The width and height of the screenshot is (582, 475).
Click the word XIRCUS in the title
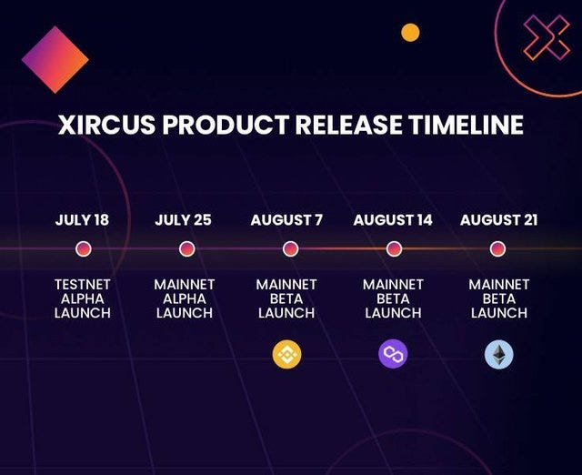coord(106,124)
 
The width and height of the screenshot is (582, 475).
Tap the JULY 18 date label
coord(82,220)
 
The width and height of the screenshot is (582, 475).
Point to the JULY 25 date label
coord(183,220)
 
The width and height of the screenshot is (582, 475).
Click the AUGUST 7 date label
coord(286,220)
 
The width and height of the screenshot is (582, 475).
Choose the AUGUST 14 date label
coord(393,220)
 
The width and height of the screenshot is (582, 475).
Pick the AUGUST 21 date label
coord(499,220)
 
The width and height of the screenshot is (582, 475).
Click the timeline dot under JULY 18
coord(83,248)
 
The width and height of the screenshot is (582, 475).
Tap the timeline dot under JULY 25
coord(186,248)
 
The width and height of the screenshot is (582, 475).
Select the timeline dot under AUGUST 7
coord(290,248)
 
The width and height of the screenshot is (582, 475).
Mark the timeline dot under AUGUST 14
coord(394,248)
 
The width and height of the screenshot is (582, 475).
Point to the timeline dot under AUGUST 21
coord(497,248)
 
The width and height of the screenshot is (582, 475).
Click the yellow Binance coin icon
coord(287,354)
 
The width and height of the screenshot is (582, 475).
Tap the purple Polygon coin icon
coord(393,354)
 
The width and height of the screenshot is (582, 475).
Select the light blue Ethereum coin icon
coord(499,354)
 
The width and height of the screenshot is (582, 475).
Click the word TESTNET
coord(83,285)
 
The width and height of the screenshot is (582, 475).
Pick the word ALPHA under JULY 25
coord(185,299)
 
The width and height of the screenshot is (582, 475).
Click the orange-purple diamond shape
coord(55,59)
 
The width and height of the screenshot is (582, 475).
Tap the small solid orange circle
coord(410,33)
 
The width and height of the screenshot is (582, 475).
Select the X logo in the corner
coord(547,37)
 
